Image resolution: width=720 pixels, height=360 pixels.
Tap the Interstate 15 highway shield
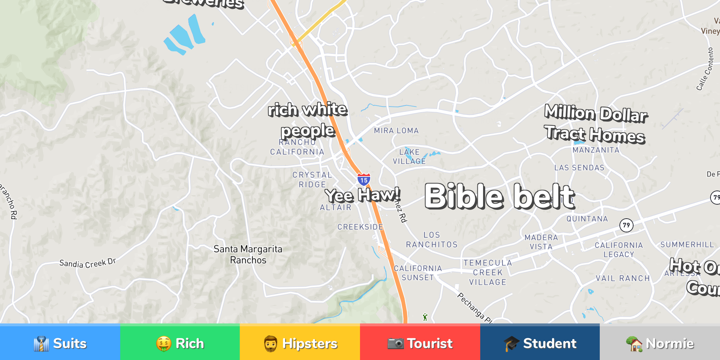[x=364, y=180]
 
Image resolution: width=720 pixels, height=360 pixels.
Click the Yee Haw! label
[x=362, y=195]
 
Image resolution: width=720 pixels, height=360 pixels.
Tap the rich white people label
[x=308, y=120]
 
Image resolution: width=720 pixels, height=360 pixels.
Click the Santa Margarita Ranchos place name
[x=248, y=255]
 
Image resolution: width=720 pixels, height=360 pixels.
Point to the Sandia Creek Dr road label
[x=88, y=263]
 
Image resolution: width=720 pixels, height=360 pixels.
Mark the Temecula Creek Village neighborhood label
[x=488, y=272]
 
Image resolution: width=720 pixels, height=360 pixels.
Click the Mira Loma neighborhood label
[x=396, y=131]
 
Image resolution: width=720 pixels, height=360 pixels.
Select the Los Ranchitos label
[x=432, y=240]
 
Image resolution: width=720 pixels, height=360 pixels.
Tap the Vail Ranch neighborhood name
[x=623, y=278]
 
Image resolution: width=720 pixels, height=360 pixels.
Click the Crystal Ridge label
[x=312, y=180]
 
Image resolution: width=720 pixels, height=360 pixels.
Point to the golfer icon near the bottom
[x=425, y=317]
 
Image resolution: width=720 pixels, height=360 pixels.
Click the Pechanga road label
[x=475, y=308]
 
